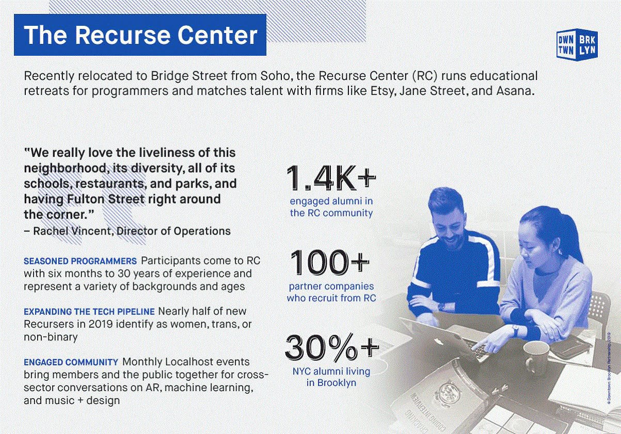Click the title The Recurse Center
140,35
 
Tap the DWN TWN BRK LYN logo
577,43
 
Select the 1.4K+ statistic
331,178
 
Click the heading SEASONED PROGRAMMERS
80,260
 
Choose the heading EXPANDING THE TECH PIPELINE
89,312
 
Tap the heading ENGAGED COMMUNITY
71,362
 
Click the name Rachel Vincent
72,231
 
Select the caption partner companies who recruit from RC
331,292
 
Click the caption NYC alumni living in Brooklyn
331,377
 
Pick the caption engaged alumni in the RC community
331,207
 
